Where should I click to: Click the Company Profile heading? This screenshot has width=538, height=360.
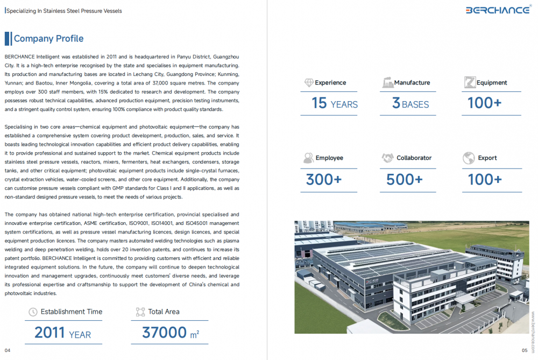click(x=48, y=39)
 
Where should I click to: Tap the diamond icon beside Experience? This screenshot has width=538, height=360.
click(x=309, y=83)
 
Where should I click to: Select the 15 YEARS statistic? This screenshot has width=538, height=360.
click(x=335, y=103)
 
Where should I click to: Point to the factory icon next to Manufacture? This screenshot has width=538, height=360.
click(x=387, y=83)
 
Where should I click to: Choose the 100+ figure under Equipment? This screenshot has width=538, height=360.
click(x=484, y=103)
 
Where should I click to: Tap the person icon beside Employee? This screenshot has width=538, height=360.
click(x=308, y=158)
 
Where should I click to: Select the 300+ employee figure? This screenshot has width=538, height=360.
click(x=323, y=179)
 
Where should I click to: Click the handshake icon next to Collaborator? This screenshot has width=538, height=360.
click(x=387, y=158)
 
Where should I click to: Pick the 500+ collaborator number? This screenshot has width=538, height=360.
click(x=404, y=179)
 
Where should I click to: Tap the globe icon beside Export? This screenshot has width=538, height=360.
click(x=468, y=158)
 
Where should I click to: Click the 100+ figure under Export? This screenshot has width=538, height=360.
click(x=485, y=179)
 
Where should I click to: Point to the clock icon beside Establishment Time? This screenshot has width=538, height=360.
click(x=33, y=312)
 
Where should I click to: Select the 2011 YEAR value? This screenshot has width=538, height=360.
click(x=62, y=333)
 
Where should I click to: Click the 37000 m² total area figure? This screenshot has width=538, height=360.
click(x=170, y=333)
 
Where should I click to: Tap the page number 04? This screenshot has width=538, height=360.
click(x=8, y=350)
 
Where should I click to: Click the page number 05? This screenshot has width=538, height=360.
click(x=525, y=350)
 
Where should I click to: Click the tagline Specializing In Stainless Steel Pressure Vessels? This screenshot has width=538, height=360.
click(x=63, y=11)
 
